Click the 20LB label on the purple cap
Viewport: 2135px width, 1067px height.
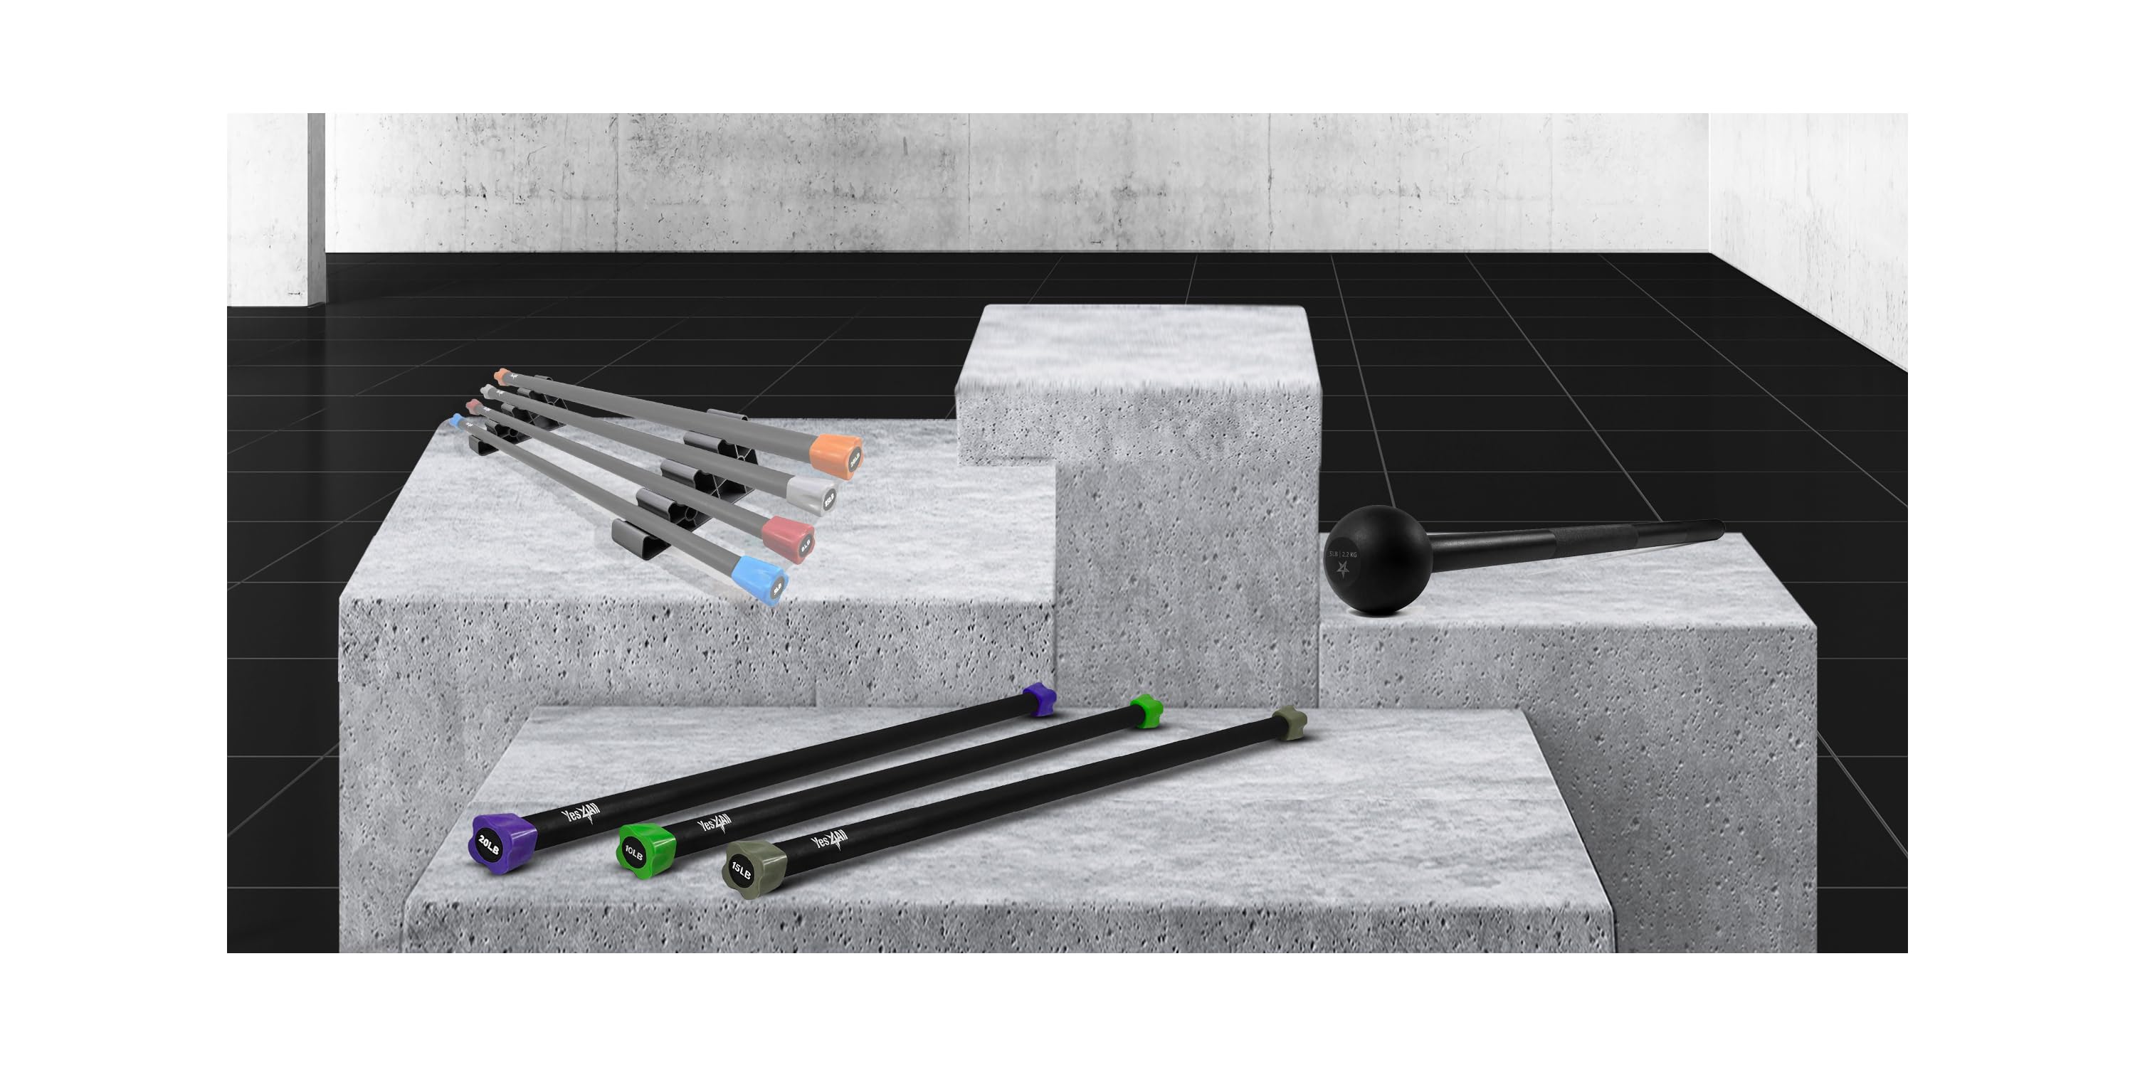point(489,846)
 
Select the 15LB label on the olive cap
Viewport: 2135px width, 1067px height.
point(740,871)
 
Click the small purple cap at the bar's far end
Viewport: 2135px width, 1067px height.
point(1039,699)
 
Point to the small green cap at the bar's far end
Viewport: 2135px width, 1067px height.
point(1146,711)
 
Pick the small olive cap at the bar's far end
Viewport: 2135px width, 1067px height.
point(1289,723)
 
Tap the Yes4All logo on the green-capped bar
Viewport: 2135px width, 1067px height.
point(714,824)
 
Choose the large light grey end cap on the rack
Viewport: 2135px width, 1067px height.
point(812,494)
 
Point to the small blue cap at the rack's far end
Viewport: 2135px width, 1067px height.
point(457,420)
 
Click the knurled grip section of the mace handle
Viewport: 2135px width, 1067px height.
point(1591,542)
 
